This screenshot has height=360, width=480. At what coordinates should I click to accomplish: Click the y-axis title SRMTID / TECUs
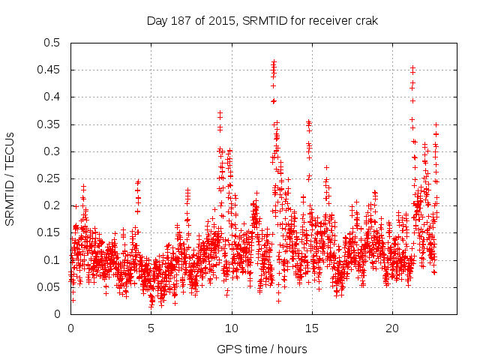(10, 178)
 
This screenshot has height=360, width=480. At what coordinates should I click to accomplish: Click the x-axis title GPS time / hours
(262, 349)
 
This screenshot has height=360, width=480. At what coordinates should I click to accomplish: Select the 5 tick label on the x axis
(151, 328)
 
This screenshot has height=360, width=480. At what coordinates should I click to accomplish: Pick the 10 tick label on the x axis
(232, 328)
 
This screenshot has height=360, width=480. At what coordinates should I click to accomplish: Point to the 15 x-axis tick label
(312, 328)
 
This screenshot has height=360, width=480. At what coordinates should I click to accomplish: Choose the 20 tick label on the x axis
(393, 328)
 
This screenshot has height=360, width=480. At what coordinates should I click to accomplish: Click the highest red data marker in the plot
(274, 62)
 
